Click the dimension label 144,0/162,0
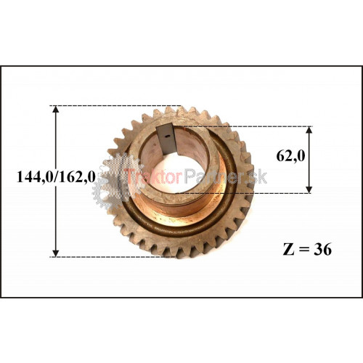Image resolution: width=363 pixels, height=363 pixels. [x=56, y=177]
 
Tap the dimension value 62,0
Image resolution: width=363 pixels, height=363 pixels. [x=291, y=156]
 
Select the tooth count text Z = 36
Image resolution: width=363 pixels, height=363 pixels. [x=307, y=249]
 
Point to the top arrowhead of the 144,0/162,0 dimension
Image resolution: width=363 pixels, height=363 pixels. [x=56, y=110]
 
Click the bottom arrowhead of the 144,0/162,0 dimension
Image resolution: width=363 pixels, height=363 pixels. [x=56, y=253]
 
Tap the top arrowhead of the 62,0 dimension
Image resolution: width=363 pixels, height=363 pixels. [x=309, y=130]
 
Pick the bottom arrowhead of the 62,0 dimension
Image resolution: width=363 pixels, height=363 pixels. [x=309, y=189]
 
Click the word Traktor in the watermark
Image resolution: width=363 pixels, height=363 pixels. [x=154, y=176]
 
